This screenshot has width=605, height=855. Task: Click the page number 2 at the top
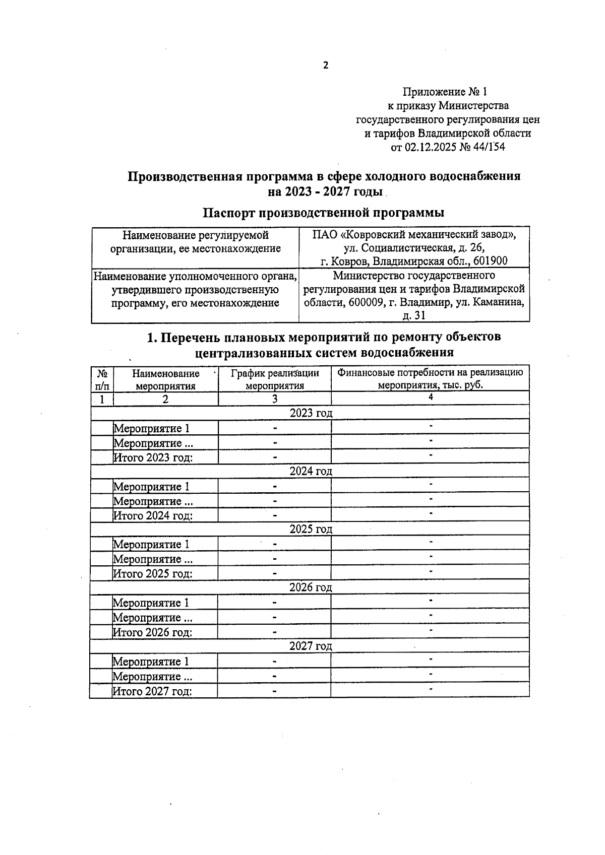(x=325, y=65)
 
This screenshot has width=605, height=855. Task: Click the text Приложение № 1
(x=445, y=92)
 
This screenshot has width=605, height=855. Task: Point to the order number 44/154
(x=487, y=147)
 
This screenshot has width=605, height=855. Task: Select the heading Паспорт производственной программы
(x=323, y=213)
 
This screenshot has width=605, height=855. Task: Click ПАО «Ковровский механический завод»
(x=413, y=235)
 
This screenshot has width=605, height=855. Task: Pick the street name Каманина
(x=498, y=302)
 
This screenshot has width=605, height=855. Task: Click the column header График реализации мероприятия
(x=275, y=379)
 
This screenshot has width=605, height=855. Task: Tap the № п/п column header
(x=102, y=379)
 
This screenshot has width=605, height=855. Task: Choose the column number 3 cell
(x=275, y=399)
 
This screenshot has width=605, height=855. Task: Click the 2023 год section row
(x=311, y=413)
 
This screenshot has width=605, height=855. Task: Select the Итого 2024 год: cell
(x=153, y=515)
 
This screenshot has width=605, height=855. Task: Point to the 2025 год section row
(x=311, y=529)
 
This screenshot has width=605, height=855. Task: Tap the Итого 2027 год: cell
(x=152, y=691)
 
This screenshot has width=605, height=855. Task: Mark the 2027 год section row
(x=311, y=646)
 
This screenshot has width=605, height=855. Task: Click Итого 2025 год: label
(x=152, y=573)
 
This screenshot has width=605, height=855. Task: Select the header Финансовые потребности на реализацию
(x=430, y=373)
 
